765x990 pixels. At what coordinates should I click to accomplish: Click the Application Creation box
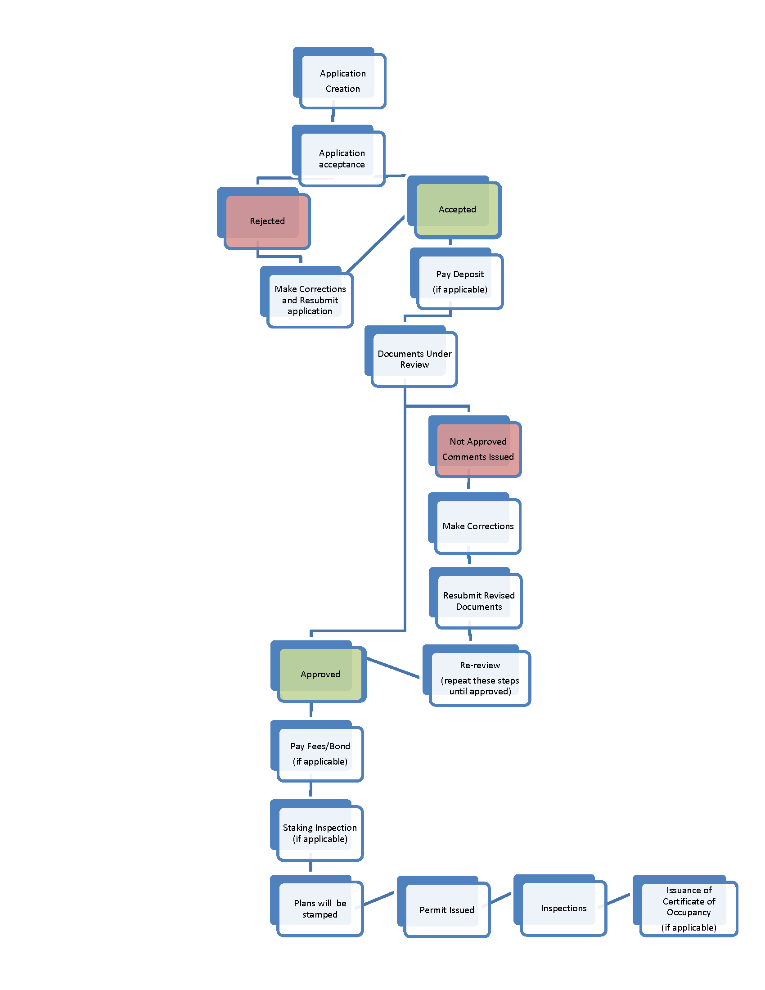click(x=342, y=81)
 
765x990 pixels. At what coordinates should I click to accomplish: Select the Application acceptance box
click(x=342, y=159)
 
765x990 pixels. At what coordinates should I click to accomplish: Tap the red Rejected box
click(x=267, y=221)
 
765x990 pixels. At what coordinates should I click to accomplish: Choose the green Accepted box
click(x=457, y=209)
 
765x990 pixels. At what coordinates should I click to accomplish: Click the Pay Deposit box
click(x=459, y=282)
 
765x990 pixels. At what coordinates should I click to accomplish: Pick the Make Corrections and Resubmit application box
click(x=310, y=300)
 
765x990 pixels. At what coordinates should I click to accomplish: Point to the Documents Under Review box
click(x=414, y=359)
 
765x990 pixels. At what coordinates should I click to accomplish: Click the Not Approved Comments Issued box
click(x=477, y=449)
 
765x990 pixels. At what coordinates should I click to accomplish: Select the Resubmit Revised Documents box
click(x=479, y=601)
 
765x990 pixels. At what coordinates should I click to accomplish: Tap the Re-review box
click(x=480, y=678)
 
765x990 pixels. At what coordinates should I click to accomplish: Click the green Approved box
click(x=320, y=674)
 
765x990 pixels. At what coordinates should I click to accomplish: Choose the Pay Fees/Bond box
click(x=320, y=753)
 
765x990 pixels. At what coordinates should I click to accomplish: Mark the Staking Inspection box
click(x=320, y=833)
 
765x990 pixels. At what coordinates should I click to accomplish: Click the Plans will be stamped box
click(x=320, y=909)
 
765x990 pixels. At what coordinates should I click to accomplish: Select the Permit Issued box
click(x=446, y=910)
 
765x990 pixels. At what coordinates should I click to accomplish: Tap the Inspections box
click(x=563, y=908)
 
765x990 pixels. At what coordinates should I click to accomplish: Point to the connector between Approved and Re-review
click(x=392, y=668)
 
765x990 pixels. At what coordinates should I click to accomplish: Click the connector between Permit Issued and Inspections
click(x=500, y=898)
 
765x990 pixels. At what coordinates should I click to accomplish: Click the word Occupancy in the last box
click(x=688, y=912)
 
